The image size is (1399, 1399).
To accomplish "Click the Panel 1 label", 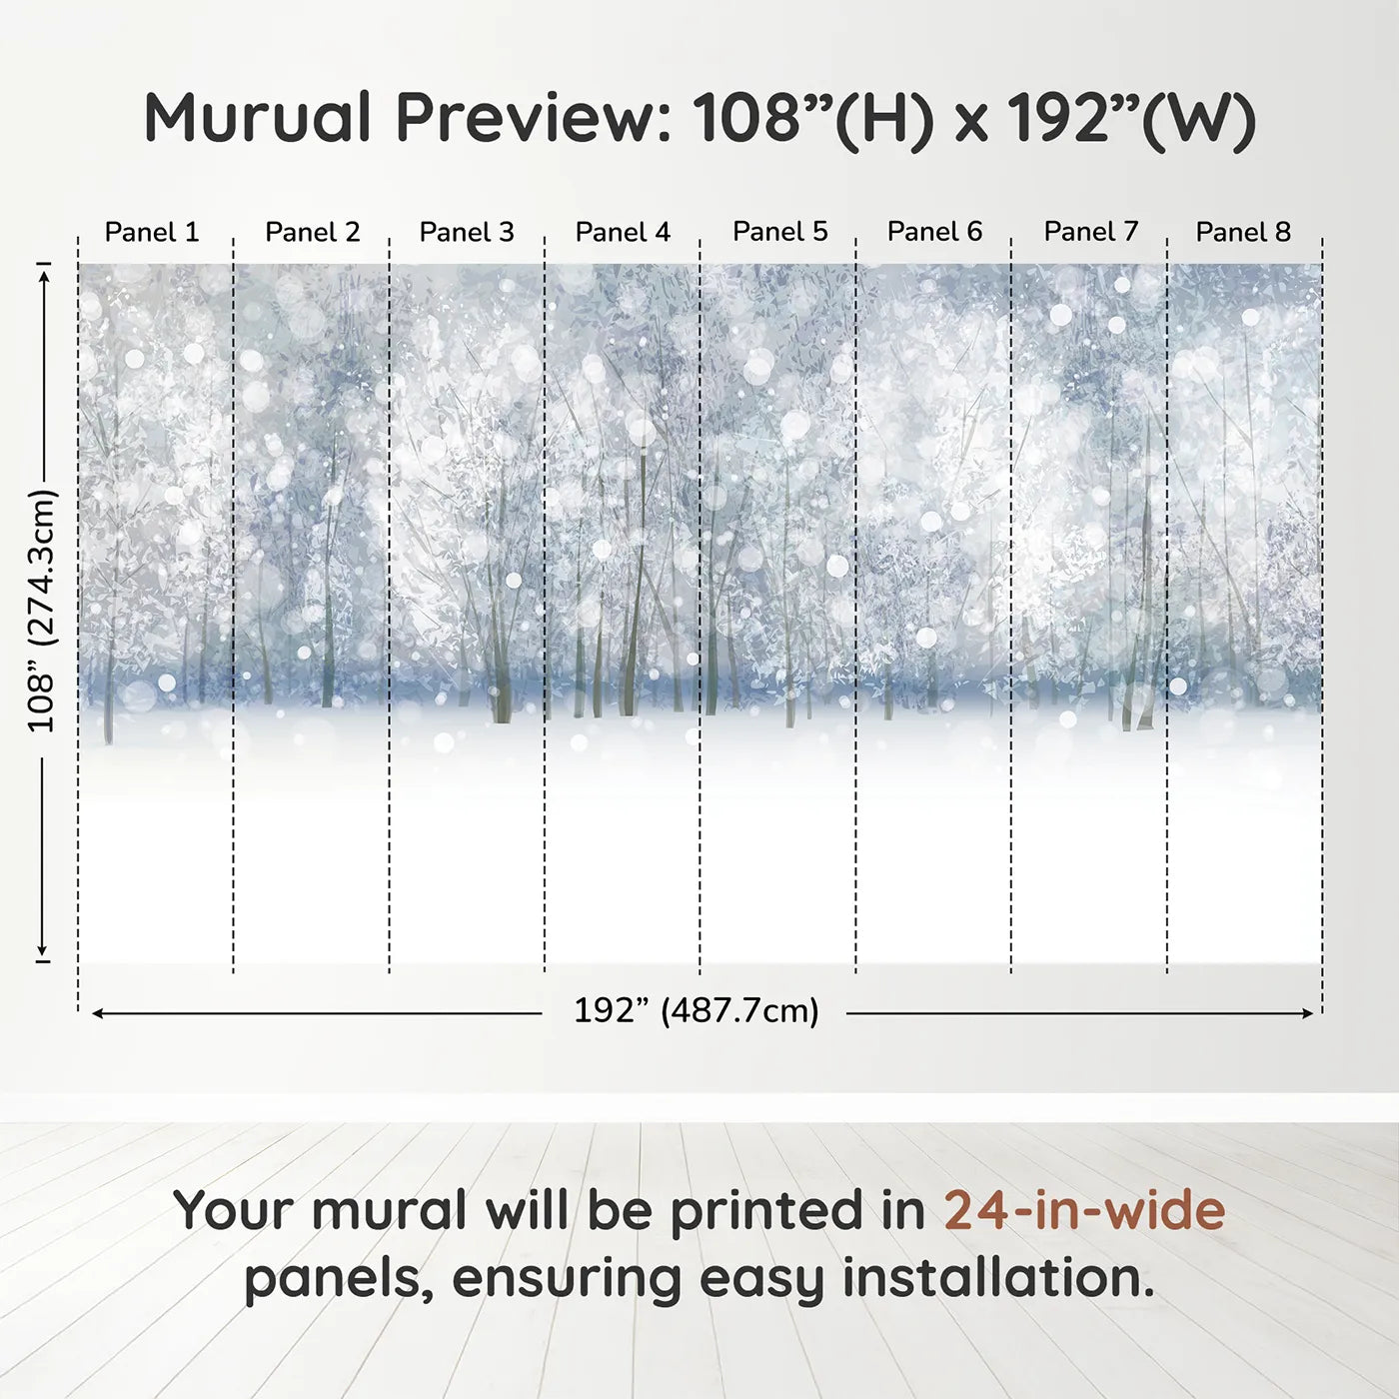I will [152, 232].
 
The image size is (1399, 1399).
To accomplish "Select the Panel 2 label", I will [312, 232].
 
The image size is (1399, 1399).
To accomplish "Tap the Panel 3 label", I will [467, 232].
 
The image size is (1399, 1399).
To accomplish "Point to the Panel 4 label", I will [623, 232].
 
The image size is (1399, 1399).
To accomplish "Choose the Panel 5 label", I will [779, 231].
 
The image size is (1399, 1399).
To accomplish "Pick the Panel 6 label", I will [934, 231].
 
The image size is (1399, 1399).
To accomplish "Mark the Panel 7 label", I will [1090, 231].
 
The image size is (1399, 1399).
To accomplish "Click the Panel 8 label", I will [1243, 232].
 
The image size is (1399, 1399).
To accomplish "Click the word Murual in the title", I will [258, 118].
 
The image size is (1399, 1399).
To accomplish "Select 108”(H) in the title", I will [813, 118].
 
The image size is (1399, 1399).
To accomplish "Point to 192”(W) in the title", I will [1130, 118].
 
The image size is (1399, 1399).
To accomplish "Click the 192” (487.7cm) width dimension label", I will [696, 1010].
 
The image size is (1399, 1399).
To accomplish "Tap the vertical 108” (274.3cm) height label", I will [42, 611].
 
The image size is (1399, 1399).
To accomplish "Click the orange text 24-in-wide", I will [1084, 1210].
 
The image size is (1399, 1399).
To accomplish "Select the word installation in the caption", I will [996, 1278].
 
